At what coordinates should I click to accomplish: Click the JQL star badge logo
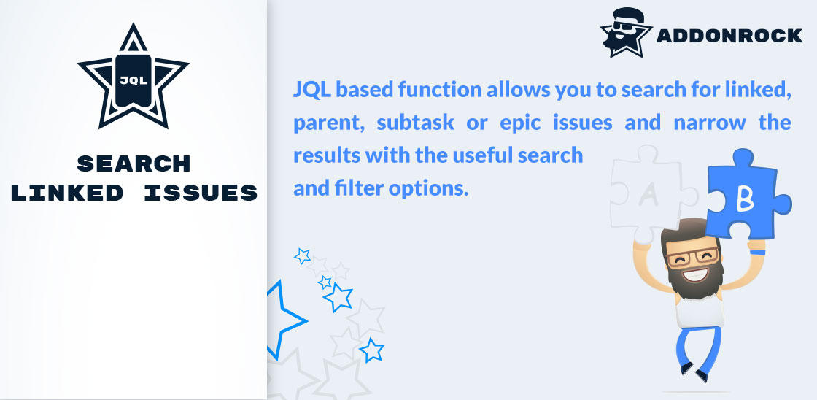[x=133, y=78]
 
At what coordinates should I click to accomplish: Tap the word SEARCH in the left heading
[x=133, y=164]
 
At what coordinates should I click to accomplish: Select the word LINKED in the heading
[x=66, y=193]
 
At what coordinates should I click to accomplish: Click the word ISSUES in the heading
[x=201, y=193]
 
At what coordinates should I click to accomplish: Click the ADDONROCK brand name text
[x=729, y=36]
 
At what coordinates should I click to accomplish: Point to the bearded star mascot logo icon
[x=626, y=32]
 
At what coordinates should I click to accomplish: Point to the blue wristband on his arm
[x=759, y=253]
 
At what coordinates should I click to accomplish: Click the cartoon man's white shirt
[x=700, y=311]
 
